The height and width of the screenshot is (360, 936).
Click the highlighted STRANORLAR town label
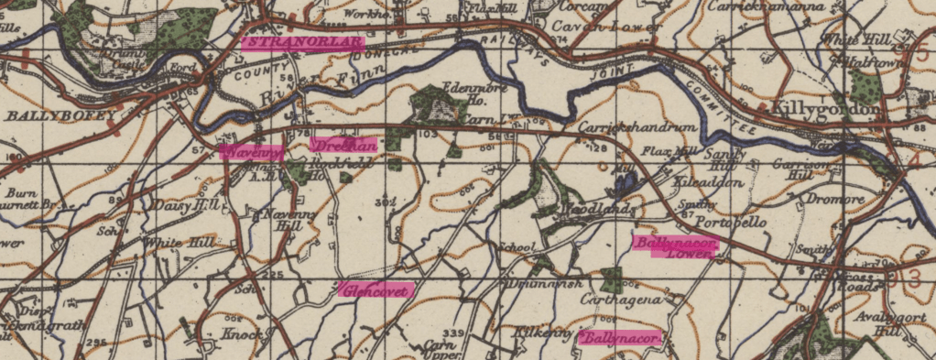302,41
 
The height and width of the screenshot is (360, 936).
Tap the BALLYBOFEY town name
60,115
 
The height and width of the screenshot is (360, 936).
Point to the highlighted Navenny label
250,151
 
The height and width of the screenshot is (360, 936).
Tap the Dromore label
834,199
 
